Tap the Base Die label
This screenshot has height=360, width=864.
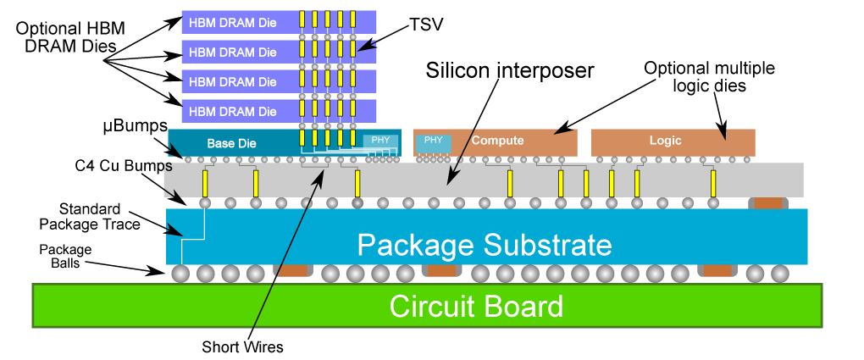pos(231,143)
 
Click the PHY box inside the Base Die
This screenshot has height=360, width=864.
pos(380,141)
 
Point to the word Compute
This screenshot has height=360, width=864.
pos(497,141)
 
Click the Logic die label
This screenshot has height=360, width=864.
pos(665,141)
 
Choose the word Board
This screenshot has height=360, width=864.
pos(525,306)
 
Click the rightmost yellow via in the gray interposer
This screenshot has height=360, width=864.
pos(714,183)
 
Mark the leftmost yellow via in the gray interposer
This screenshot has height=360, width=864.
pos(205,183)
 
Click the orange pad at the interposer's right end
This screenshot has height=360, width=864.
pos(768,203)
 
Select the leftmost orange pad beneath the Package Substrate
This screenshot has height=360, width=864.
pos(293,271)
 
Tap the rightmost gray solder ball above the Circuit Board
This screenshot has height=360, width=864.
pos(780,274)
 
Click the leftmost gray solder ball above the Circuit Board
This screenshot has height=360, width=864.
pos(180,274)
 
